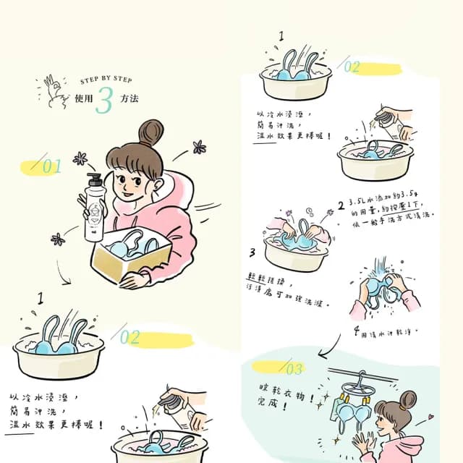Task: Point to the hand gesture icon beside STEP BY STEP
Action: [x=54, y=89]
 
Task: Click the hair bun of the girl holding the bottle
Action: [x=150, y=132]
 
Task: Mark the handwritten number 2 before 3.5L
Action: [x=341, y=205]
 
